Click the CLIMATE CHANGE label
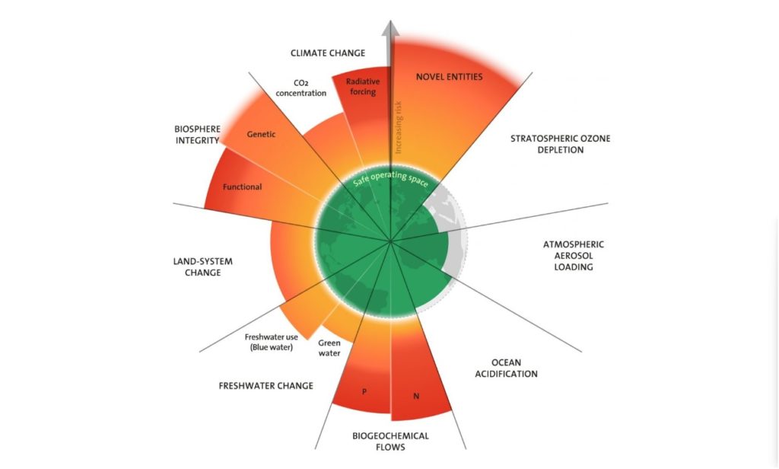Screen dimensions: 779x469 (x=328, y=53)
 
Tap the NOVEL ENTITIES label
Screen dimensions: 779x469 (x=449, y=77)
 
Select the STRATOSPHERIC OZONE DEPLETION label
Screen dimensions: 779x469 (x=561, y=144)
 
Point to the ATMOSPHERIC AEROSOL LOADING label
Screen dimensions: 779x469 (x=574, y=256)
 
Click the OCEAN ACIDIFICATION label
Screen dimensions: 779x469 (x=506, y=368)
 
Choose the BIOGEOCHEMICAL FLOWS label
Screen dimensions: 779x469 (x=390, y=441)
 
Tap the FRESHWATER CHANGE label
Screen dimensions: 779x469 (x=265, y=385)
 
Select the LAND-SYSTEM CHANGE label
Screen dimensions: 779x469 (x=202, y=266)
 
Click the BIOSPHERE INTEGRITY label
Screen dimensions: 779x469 (x=197, y=135)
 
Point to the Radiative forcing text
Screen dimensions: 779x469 (x=363, y=87)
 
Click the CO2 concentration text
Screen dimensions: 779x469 (x=301, y=88)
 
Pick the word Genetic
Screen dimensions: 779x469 (x=261, y=134)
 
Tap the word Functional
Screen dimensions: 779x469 (x=242, y=187)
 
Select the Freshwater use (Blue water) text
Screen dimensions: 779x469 (x=272, y=342)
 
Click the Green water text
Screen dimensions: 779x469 (x=329, y=348)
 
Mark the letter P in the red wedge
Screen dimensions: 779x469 (x=364, y=392)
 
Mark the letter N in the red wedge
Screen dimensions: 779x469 (x=416, y=397)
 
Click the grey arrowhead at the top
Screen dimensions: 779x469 (x=390, y=29)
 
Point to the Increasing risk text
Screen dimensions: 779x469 (x=399, y=127)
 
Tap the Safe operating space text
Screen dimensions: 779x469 (x=390, y=178)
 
